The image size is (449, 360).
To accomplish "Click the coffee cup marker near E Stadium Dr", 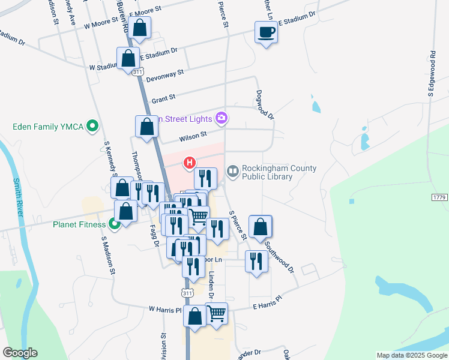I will click(x=266, y=32).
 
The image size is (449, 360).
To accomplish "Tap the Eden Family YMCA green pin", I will click(x=92, y=127).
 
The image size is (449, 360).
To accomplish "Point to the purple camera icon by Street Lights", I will click(x=221, y=118).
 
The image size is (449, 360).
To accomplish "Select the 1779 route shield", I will click(x=439, y=197).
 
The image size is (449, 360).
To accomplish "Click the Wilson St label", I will click(x=193, y=137).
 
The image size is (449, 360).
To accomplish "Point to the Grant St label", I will click(x=163, y=98).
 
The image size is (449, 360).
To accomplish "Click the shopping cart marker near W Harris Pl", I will click(x=217, y=314).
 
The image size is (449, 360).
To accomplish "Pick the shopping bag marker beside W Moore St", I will click(x=140, y=28).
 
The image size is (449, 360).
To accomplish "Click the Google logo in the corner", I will click(x=20, y=353).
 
